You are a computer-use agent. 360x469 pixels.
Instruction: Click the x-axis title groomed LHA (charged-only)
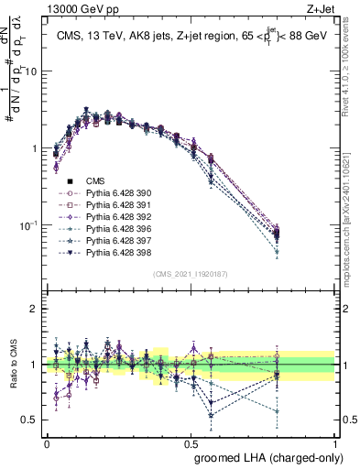pos(265,456)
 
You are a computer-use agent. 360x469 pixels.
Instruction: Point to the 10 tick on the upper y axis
pos(32,71)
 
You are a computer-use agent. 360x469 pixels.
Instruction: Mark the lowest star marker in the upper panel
pos(302,251)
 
